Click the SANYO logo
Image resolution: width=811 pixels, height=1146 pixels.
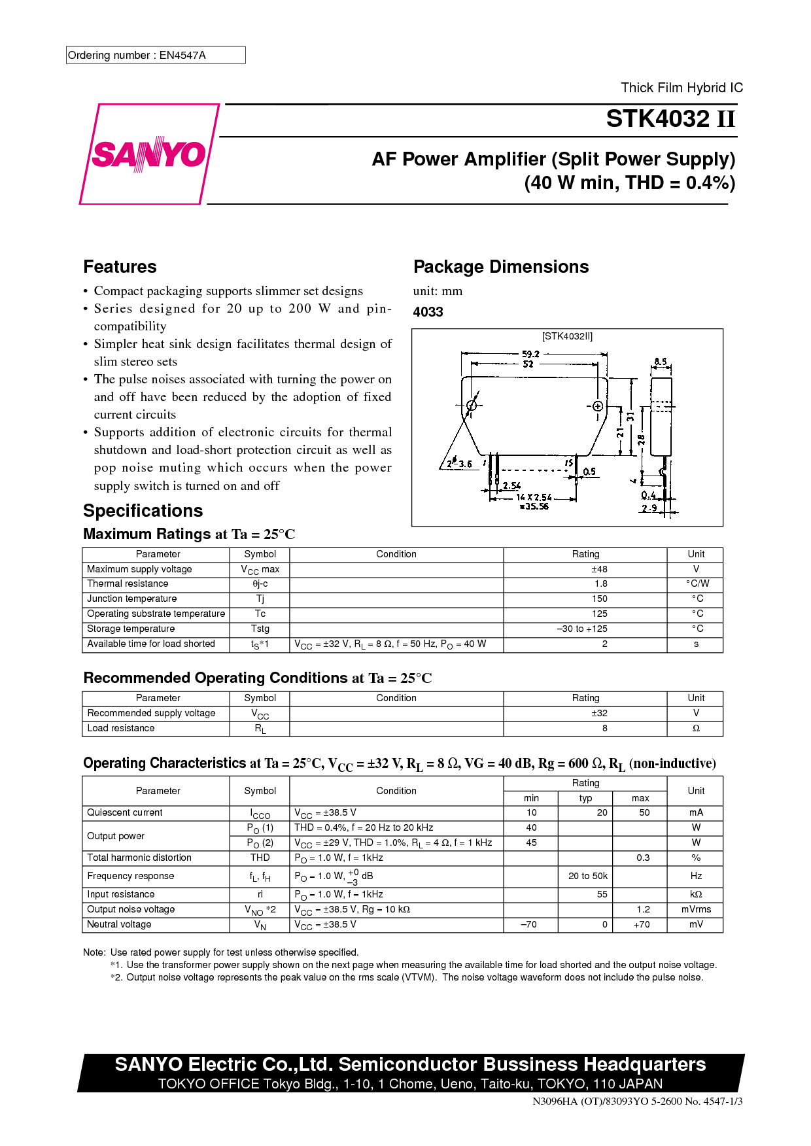(x=149, y=154)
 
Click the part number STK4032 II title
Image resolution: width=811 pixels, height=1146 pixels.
(x=670, y=119)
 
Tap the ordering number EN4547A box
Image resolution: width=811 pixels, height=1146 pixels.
(x=156, y=55)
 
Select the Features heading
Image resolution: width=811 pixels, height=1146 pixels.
(x=120, y=267)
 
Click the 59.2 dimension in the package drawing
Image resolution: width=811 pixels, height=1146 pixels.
(x=530, y=354)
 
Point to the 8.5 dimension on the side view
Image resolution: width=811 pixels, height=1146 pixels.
(x=661, y=362)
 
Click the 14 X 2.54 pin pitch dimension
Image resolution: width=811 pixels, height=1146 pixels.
(x=534, y=497)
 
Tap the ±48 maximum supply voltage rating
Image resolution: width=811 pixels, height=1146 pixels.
(x=599, y=569)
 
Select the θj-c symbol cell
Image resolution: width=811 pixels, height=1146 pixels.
(x=260, y=583)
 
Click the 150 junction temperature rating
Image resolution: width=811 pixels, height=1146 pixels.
(x=600, y=599)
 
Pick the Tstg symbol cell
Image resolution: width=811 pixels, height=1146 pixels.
(x=260, y=629)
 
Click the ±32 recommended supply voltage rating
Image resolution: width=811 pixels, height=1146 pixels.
(x=599, y=713)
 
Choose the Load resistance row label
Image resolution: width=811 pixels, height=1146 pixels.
(x=121, y=728)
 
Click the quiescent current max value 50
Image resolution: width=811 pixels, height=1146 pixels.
(x=644, y=812)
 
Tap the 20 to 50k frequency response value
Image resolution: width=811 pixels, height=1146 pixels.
(x=587, y=876)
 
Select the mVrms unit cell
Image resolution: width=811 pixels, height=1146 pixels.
(x=696, y=909)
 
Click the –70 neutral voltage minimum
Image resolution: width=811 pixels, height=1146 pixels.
(x=528, y=924)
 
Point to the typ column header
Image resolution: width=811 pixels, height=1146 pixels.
(x=585, y=798)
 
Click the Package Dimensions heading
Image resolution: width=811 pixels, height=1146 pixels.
(x=501, y=267)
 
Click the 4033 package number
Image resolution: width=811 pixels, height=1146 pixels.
(x=428, y=312)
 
